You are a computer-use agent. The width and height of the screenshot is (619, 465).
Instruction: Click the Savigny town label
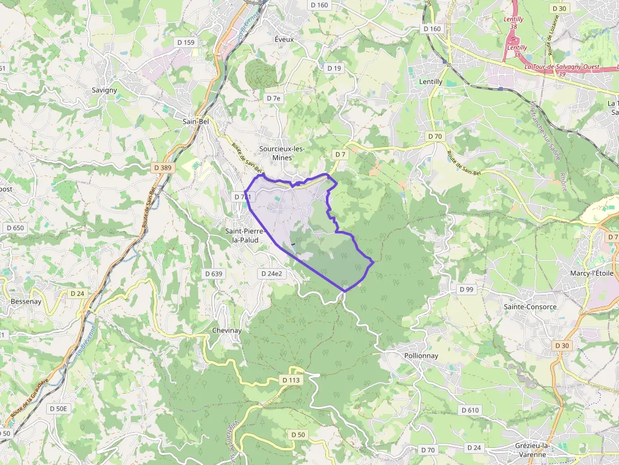pos(104,90)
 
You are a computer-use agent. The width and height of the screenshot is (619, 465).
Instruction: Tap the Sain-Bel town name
pos(195,121)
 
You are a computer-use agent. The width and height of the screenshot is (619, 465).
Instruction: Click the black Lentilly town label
pos(431,82)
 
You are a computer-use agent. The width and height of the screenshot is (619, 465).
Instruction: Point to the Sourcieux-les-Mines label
pos(282,153)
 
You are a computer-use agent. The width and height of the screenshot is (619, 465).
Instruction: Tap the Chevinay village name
pos(227,331)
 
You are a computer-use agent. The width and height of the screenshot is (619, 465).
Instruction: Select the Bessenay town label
pos(26,302)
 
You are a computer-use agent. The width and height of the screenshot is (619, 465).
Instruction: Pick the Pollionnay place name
pos(421,356)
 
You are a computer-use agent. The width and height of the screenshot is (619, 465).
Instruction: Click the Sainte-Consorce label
pos(530,307)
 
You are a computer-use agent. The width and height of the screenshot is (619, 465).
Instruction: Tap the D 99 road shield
pos(466,289)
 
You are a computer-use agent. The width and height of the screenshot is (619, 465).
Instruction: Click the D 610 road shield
pos(470,410)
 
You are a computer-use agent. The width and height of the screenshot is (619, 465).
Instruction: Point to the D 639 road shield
pos(214,274)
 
